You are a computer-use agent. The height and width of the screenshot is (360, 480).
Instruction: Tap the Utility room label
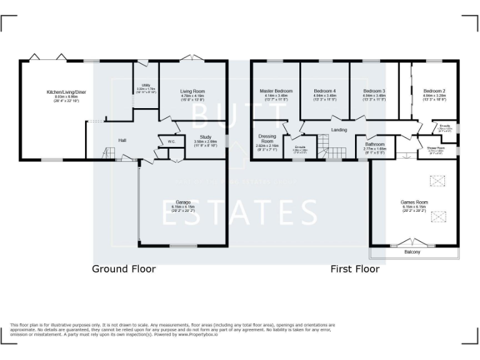pos(146,85)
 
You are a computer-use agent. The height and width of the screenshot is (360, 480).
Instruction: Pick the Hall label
pos(122,141)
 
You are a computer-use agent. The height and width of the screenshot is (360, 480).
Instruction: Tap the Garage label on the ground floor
pos(183,202)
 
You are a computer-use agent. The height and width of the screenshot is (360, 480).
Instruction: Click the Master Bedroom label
pos(276,91)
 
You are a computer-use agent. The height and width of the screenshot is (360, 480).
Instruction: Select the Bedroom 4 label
pos(324,91)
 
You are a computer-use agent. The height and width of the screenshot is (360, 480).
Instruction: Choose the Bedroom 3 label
pos(374,91)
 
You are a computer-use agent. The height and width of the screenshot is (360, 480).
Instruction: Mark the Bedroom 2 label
pos(434,91)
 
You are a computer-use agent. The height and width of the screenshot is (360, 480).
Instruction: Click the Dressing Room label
pos(267,139)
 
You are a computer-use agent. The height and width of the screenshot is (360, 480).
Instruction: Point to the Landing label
pos(339,130)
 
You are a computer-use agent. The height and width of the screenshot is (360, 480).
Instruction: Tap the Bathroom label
pos(375,144)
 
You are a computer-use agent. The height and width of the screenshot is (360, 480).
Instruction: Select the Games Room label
pos(414,202)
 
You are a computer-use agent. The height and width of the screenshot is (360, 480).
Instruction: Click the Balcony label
pos(412,252)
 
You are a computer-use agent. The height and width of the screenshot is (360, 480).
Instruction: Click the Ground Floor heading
pos(124,269)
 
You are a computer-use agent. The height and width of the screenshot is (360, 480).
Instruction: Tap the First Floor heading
pos(355,269)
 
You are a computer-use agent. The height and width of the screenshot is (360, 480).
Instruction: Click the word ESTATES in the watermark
pos(240,213)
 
